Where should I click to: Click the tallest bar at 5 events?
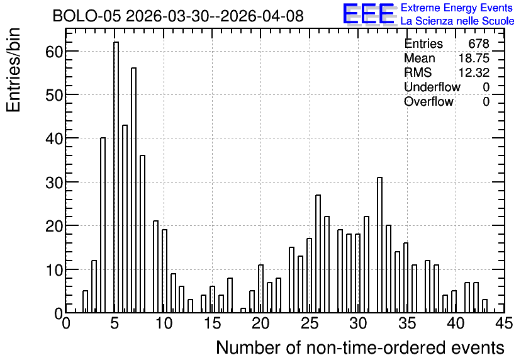click(x=116, y=177)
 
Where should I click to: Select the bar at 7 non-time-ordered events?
click(x=133, y=190)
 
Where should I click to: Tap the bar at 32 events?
click(x=380, y=245)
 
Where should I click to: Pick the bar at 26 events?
click(x=318, y=254)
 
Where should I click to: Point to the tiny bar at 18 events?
click(x=243, y=310)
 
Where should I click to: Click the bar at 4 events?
click(x=103, y=225)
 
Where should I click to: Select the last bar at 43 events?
click(x=484, y=306)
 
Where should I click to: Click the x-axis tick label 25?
click(x=310, y=323)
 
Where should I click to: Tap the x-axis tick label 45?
click(x=504, y=323)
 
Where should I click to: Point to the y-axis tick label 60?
click(x=54, y=52)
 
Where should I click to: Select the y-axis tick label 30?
click(x=54, y=182)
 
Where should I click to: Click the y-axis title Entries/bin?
click(x=13, y=70)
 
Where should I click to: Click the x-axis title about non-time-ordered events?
click(x=360, y=347)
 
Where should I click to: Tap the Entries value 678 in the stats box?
click(x=479, y=43)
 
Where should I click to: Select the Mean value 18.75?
click(x=474, y=58)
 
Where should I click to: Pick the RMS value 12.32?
click(x=474, y=72)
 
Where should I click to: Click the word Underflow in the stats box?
click(x=432, y=87)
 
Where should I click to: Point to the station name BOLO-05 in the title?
click(x=87, y=16)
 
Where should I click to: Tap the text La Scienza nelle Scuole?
click(x=457, y=21)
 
